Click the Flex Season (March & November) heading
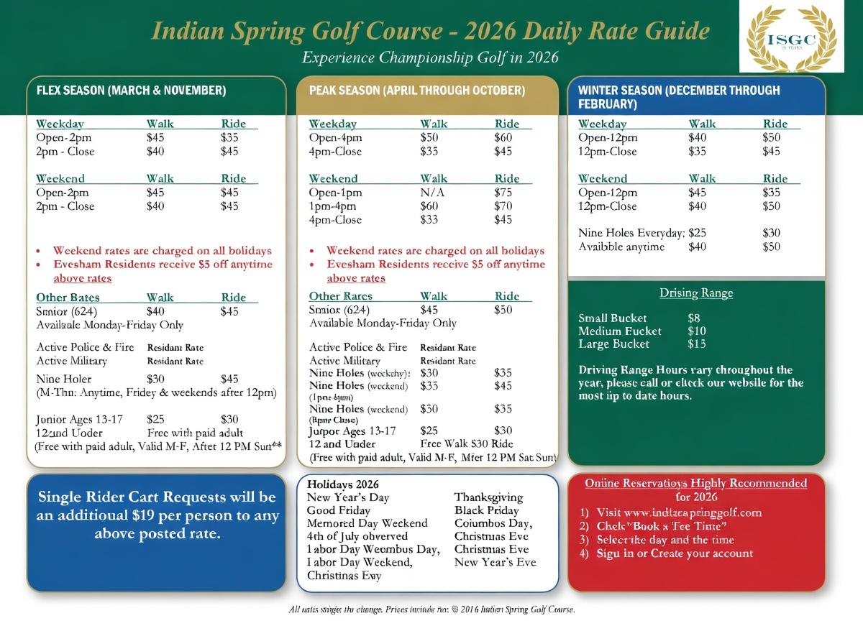click(x=131, y=91)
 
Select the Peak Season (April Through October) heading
click(x=417, y=91)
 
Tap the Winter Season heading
click(x=679, y=97)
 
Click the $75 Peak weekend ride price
click(x=503, y=193)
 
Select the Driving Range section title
click(x=696, y=293)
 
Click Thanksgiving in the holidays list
click(x=488, y=497)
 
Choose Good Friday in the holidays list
click(x=339, y=510)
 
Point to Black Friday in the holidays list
click(x=487, y=510)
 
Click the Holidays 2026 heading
click(x=342, y=484)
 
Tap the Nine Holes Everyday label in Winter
click(x=631, y=233)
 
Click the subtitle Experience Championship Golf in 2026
click(x=431, y=57)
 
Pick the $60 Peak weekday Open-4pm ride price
click(x=503, y=138)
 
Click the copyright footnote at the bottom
click(x=431, y=609)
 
